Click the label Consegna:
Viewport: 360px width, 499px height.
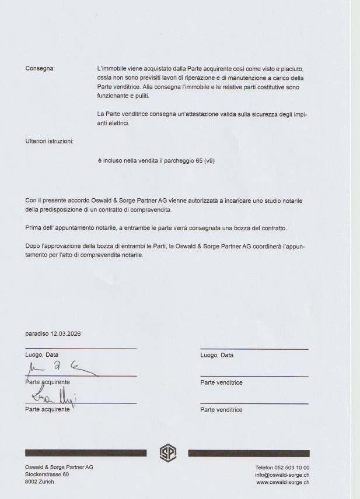click(40, 69)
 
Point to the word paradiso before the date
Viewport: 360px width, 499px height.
click(37, 333)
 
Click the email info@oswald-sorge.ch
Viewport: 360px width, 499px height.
click(282, 475)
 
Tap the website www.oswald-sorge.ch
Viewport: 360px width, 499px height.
click(282, 483)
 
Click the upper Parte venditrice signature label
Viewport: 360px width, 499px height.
click(221, 382)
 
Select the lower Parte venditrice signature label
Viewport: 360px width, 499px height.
click(221, 410)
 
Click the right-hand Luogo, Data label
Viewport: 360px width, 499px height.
click(216, 355)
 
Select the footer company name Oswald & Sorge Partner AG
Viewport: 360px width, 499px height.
click(59, 468)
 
